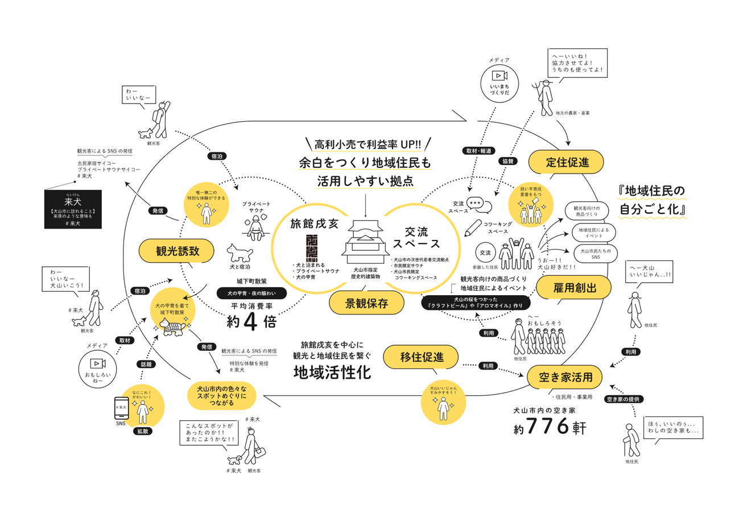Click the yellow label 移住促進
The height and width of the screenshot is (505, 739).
coord(421,357)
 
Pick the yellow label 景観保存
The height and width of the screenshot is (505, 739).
coord(367,303)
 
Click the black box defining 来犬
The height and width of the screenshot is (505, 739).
coord(72,209)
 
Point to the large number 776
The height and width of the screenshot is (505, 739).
coord(548,426)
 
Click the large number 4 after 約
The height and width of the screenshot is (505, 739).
coord(251,322)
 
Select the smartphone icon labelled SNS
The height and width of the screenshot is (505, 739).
coord(121,408)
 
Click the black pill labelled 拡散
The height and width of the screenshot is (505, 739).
coord(143,431)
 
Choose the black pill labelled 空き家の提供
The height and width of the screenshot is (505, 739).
coord(625,399)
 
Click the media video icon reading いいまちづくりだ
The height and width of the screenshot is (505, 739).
coord(498,76)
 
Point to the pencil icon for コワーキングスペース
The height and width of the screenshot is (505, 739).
coord(472,228)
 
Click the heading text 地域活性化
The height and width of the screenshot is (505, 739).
coord(332,372)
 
